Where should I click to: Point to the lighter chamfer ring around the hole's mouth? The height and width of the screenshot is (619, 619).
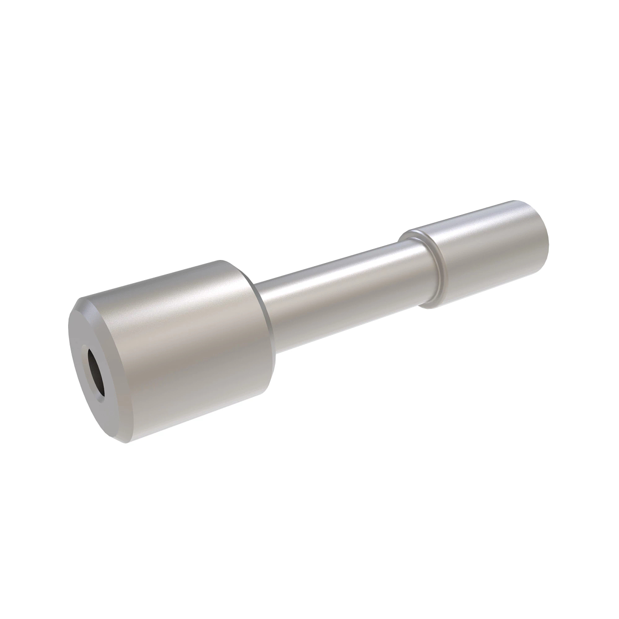click(91, 361)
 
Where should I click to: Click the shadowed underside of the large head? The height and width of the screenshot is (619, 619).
click(206, 413)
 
